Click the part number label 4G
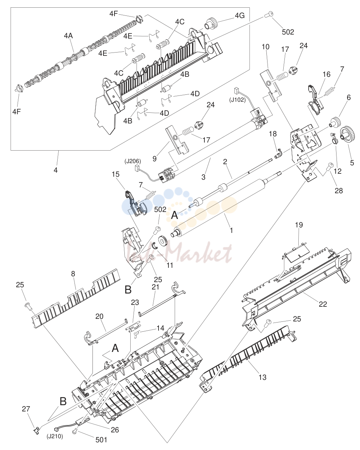pos(239,16)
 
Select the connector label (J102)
pos(237,100)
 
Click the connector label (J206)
pos(133,162)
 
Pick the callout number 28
pos(338,191)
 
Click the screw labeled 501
pos(75,430)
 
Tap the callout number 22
pos(323,304)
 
